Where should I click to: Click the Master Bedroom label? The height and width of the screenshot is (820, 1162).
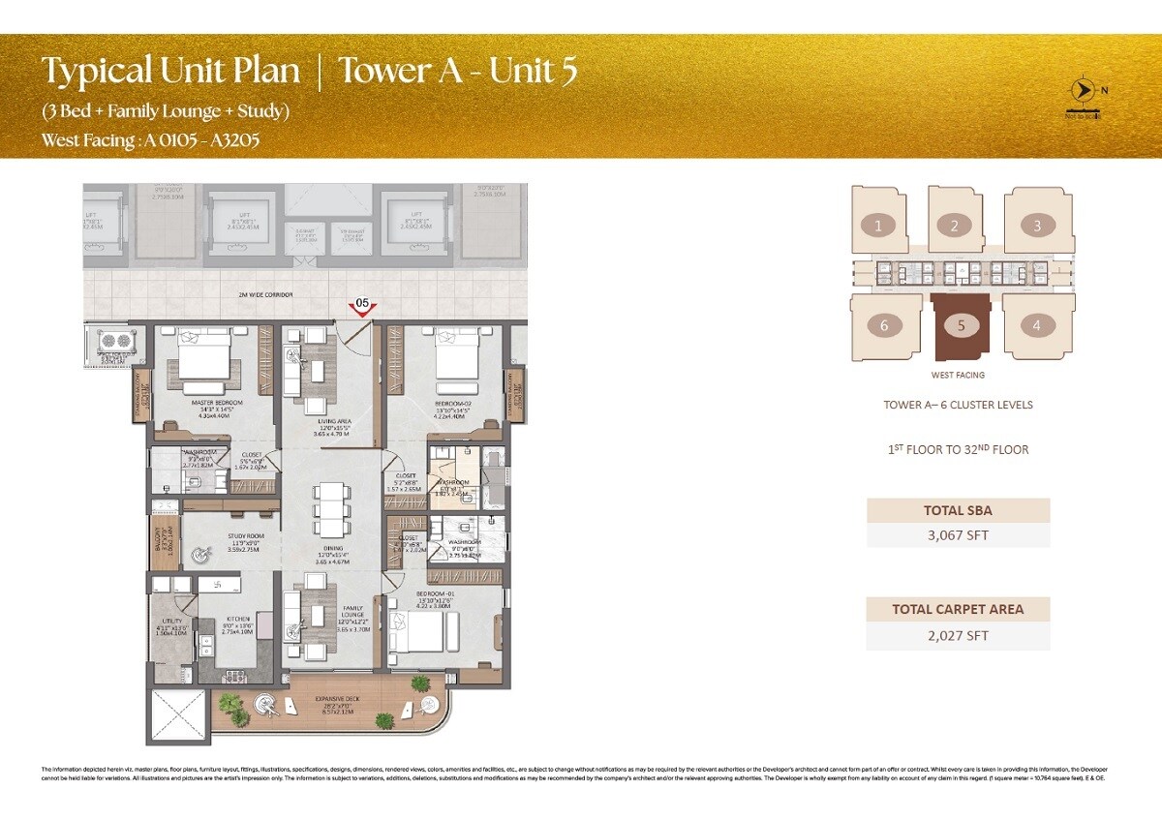tap(216, 402)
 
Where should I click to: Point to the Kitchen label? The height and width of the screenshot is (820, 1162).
tap(238, 618)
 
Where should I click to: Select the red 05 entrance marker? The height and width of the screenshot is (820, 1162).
tap(362, 307)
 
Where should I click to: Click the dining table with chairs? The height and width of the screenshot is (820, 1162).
tap(329, 508)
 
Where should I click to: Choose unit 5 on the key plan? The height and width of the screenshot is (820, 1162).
tap(961, 326)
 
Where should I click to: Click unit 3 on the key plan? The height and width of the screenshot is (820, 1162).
tap(1037, 227)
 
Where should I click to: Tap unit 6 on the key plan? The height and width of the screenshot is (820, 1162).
tap(884, 326)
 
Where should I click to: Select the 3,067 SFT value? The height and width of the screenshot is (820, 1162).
tap(958, 534)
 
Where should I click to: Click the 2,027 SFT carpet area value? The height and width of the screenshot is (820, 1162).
tap(958, 636)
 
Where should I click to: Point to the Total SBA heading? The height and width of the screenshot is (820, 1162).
tap(958, 510)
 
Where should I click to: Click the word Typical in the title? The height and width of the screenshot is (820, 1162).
tap(95, 72)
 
